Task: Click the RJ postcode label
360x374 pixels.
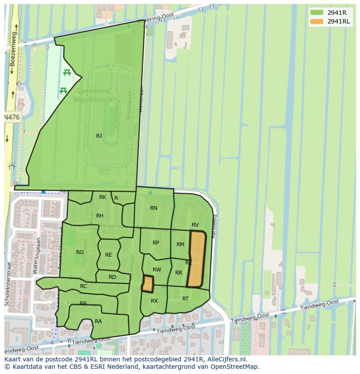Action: coord(99,136)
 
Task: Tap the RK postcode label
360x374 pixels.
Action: coord(103,197)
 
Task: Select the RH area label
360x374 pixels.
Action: coord(100,216)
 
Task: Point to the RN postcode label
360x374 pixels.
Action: coord(153,208)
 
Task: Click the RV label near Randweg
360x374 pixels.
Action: coord(195,225)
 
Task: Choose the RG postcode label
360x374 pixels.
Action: coord(80,252)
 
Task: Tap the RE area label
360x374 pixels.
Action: coord(109,255)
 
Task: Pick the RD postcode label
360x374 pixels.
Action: coord(112,277)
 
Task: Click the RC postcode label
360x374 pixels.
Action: coord(83,286)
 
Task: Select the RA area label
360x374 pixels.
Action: coord(98,321)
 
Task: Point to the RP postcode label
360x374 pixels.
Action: coord(156,243)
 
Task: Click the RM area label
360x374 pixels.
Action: coord(180,245)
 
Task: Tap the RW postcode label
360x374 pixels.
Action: coord(157,270)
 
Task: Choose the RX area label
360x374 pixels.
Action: coord(154,301)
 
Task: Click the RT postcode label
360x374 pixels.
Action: coord(186,299)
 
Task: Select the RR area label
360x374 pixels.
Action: coord(179,273)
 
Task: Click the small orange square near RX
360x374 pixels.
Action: coord(148,284)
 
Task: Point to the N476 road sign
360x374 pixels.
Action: coord(11,117)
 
